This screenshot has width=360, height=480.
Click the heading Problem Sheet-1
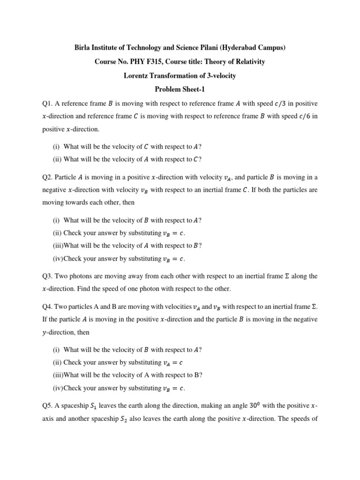point(180,90)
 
